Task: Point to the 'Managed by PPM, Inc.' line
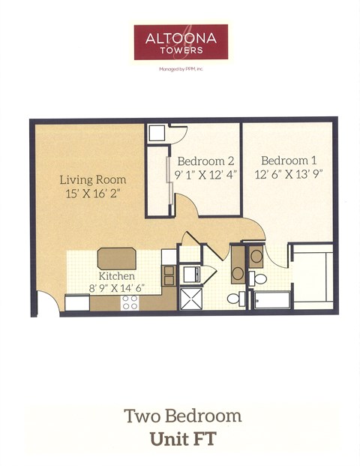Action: (x=180, y=68)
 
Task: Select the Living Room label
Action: (x=93, y=180)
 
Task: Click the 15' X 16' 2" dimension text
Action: (x=92, y=194)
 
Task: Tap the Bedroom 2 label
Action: (x=205, y=161)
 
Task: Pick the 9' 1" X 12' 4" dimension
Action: (x=206, y=174)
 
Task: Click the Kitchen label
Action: (x=116, y=276)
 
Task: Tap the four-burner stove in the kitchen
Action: (x=130, y=302)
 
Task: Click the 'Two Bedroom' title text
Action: (x=183, y=415)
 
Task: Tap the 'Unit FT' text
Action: (x=182, y=439)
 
